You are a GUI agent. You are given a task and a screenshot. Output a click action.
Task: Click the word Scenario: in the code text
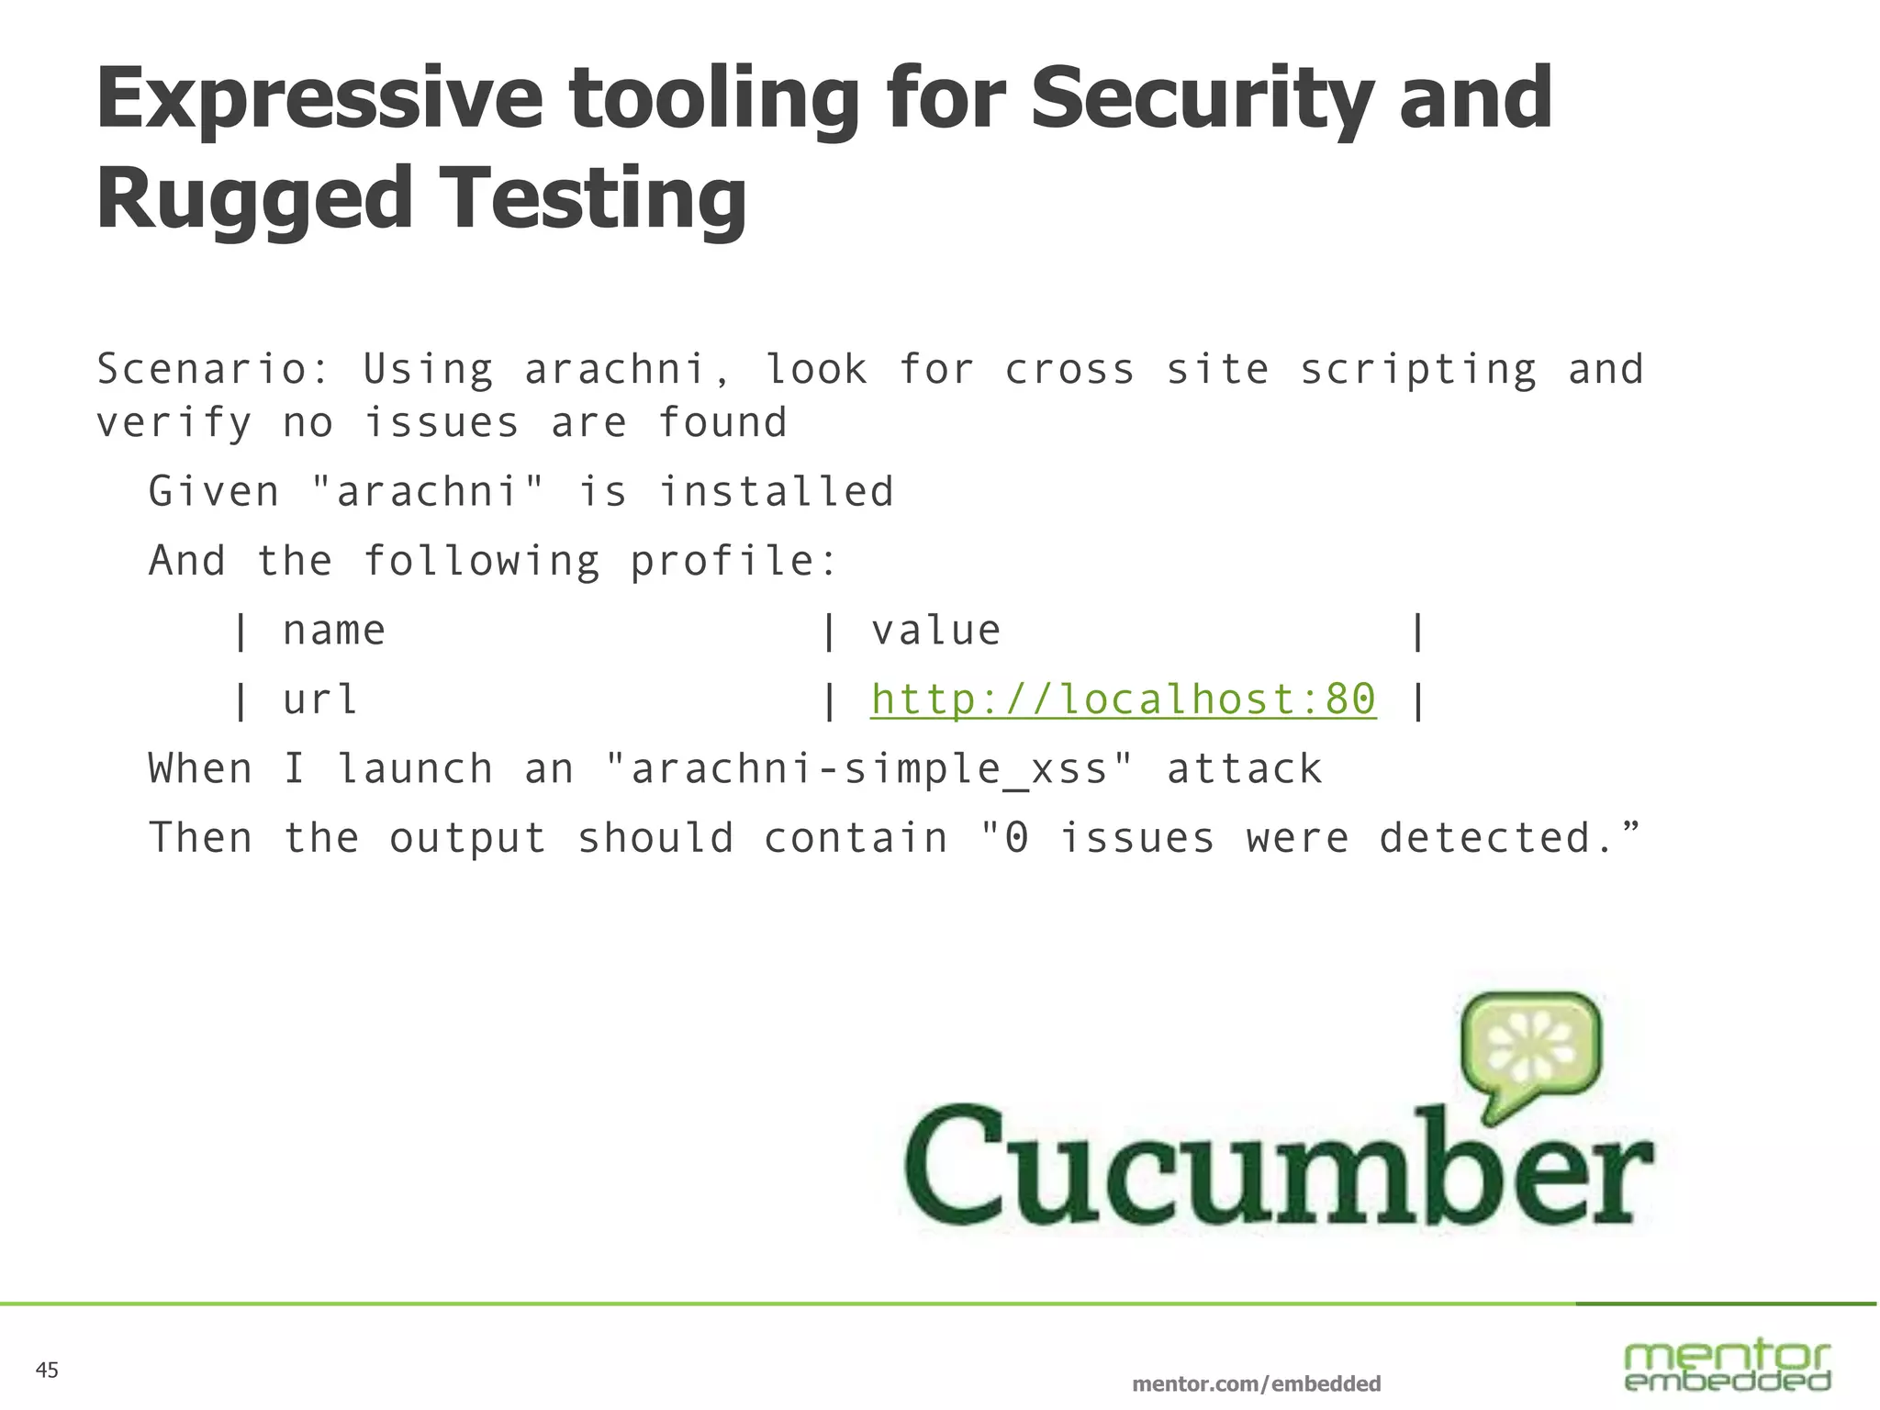pyautogui.click(x=213, y=370)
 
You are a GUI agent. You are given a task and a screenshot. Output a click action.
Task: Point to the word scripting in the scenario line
pyautogui.click(x=1418, y=370)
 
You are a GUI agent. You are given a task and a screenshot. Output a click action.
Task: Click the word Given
pyautogui.click(x=214, y=492)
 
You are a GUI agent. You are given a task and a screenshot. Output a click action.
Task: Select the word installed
pyautogui.click(x=777, y=492)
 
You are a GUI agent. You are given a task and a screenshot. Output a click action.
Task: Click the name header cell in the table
pyautogui.click(x=334, y=631)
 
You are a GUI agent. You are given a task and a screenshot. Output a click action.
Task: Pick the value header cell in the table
pyautogui.click(x=935, y=631)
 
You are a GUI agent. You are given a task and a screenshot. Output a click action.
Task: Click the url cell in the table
pyautogui.click(x=319, y=699)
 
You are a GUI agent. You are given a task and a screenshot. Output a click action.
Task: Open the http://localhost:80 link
pyautogui.click(x=1124, y=699)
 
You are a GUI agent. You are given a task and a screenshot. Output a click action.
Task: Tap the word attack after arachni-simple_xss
pyautogui.click(x=1244, y=769)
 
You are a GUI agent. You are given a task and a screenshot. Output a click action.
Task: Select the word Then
pyautogui.click(x=200, y=838)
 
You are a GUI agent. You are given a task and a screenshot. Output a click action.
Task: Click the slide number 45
pyautogui.click(x=47, y=1371)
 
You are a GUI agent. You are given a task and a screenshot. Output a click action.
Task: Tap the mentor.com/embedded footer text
pyautogui.click(x=1256, y=1383)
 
